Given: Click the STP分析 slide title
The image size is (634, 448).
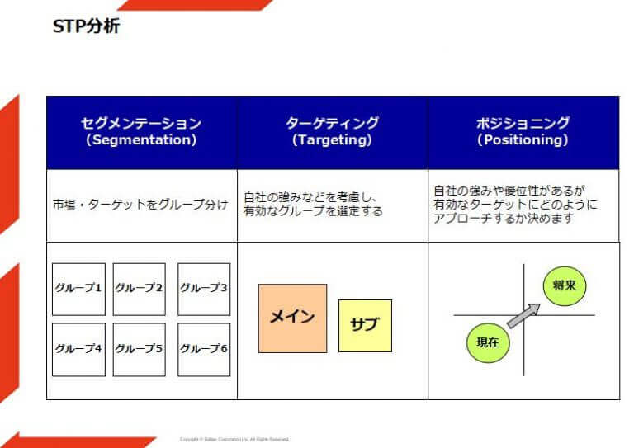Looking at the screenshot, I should [87, 26].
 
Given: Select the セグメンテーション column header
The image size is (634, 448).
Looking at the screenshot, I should [141, 132].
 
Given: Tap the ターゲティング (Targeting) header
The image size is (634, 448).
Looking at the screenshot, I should [332, 132].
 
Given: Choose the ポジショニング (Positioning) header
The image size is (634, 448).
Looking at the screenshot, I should [523, 132].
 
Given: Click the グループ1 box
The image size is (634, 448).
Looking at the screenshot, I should [78, 289].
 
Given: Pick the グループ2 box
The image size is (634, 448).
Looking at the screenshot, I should [139, 289].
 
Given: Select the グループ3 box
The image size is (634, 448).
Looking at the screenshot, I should [204, 289].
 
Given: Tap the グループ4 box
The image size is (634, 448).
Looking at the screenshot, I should [78, 349].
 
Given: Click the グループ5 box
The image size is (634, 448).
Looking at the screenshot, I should [139, 349].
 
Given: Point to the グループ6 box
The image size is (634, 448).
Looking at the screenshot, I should [204, 349].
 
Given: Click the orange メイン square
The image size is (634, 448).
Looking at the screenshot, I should [292, 318].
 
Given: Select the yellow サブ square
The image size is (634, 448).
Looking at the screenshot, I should [365, 325].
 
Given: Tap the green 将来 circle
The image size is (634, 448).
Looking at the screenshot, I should [565, 287].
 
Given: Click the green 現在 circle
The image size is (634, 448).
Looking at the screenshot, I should [488, 342].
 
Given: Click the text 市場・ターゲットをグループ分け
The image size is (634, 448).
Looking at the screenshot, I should [140, 205].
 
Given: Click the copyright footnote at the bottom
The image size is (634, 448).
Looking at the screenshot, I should [234, 439].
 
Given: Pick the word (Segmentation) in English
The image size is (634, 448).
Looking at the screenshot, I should [141, 141].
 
